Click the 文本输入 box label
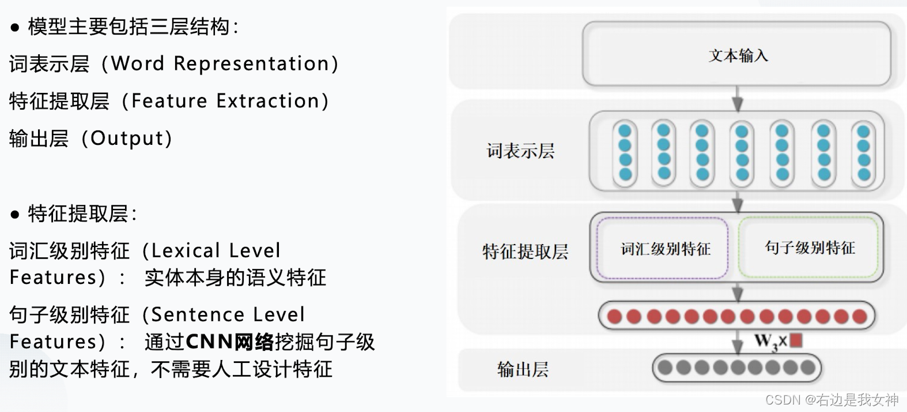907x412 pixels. coord(738,55)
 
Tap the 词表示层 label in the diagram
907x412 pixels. coord(520,151)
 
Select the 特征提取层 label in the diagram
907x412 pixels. coord(525,252)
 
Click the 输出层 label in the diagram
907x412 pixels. coord(523,369)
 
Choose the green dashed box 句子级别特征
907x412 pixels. coord(809,248)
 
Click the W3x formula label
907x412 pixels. coord(770,341)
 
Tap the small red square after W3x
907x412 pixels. coord(796,340)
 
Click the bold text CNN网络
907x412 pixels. coord(229,342)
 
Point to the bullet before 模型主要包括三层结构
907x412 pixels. coord(15,28)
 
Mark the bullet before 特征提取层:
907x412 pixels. coord(15,215)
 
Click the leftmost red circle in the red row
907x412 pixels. coord(615,316)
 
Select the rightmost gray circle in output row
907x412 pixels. coord(807,367)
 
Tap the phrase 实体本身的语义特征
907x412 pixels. coord(235,278)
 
